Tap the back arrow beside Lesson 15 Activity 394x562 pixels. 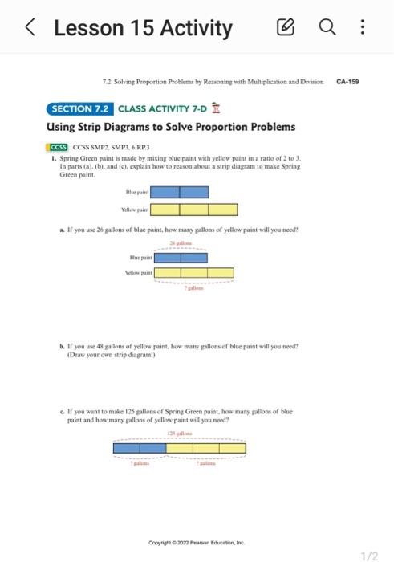coord(29,30)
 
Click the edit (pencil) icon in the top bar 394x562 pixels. coord(307,30)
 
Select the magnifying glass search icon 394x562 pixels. coord(335,30)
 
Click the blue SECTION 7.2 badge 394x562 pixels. coord(80,108)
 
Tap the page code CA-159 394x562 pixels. coord(347,81)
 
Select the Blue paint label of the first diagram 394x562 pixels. coord(136,193)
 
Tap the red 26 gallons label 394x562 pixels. coord(181,242)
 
